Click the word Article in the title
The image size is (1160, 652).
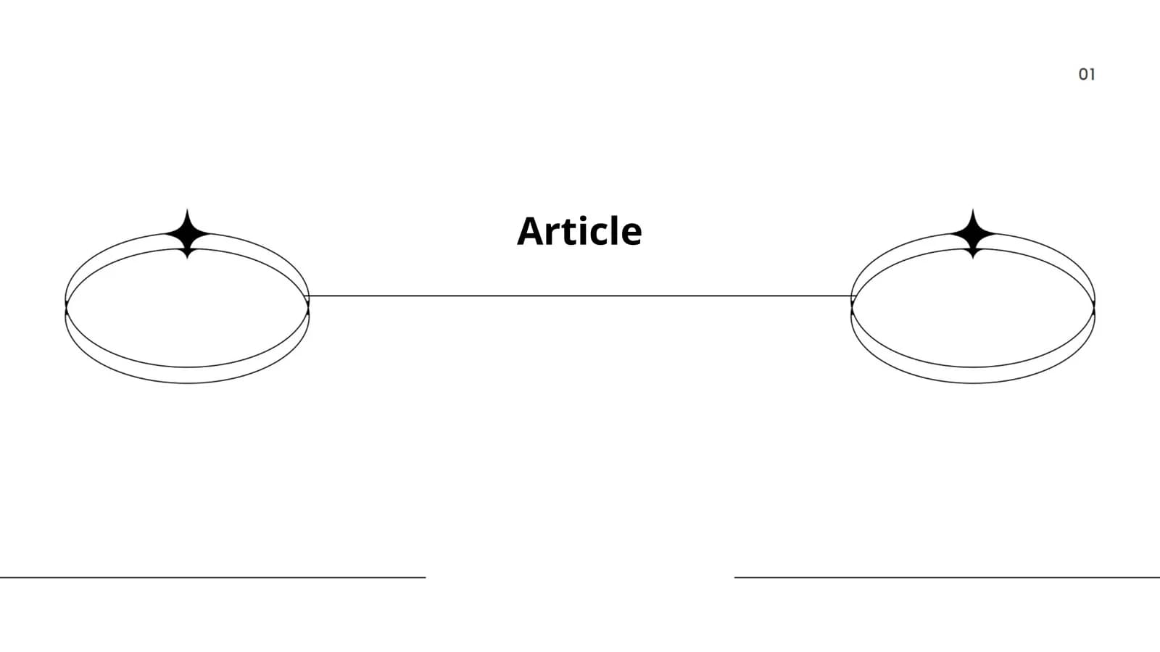pyautogui.click(x=579, y=231)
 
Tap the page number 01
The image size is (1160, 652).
pyautogui.click(x=1087, y=75)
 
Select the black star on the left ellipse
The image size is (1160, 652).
pyautogui.click(x=188, y=234)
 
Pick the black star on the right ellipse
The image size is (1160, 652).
pyautogui.click(x=973, y=234)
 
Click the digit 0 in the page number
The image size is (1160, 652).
pyautogui.click(x=1083, y=75)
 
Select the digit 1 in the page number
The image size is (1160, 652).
pyautogui.click(x=1092, y=75)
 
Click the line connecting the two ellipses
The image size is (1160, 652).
pyautogui.click(x=580, y=296)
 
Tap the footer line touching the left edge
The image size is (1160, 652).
pyautogui.click(x=213, y=577)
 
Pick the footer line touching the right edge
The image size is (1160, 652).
pyautogui.click(x=947, y=577)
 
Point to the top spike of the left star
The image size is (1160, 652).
pyautogui.click(x=188, y=209)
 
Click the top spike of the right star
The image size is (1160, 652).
pyautogui.click(x=973, y=209)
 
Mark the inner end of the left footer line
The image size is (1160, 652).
pyautogui.click(x=425, y=577)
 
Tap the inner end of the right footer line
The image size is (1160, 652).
pyautogui.click(x=735, y=577)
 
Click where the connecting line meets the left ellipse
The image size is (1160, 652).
pyautogui.click(x=309, y=296)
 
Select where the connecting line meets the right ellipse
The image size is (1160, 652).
pyautogui.click(x=852, y=296)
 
